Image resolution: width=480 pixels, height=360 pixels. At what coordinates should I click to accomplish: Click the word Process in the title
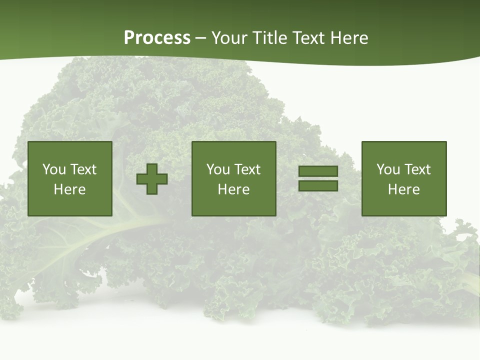157,38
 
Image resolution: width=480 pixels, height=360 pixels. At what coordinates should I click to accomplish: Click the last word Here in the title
350,38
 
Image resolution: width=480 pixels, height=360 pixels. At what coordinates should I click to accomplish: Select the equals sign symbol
318,178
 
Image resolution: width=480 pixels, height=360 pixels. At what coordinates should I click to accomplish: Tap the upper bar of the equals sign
318,171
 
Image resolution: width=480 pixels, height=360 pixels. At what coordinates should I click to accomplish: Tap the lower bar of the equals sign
318,185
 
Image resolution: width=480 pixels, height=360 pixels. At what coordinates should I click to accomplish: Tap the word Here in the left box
70,189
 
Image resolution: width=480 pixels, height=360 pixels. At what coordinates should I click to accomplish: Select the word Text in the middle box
247,169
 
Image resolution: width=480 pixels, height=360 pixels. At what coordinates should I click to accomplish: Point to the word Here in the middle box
233,189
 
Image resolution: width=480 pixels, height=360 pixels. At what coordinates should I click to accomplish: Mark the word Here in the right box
404,189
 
